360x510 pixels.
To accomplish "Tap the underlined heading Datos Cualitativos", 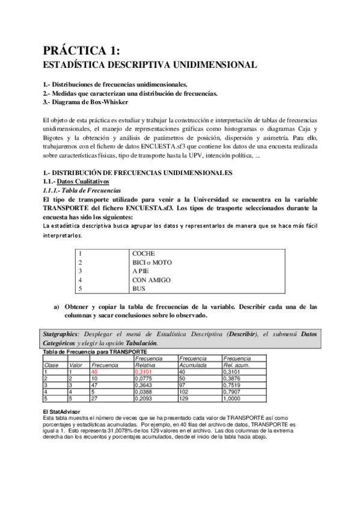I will (x=83, y=181).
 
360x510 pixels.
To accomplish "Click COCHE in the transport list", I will (x=144, y=254).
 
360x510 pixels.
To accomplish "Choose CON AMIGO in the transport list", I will (x=151, y=280).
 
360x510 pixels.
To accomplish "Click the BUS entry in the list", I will (x=139, y=289).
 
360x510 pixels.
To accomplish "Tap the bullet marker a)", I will (x=56, y=307).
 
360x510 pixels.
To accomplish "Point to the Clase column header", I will (x=52, y=365).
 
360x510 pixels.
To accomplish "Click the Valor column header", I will (x=76, y=365).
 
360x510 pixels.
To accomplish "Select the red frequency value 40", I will (x=94, y=372).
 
